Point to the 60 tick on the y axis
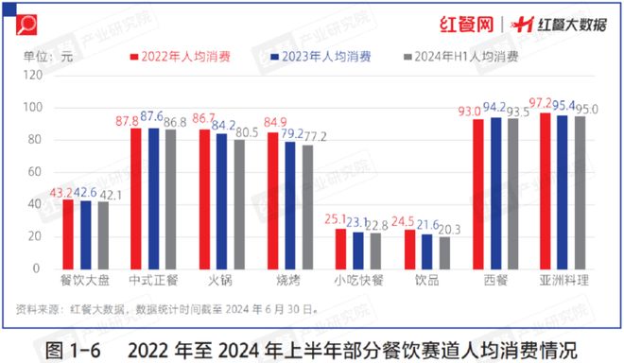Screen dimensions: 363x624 [x=34, y=172]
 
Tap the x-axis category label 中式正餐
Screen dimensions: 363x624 [x=154, y=281]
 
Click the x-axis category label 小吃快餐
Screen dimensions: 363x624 [x=359, y=281]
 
